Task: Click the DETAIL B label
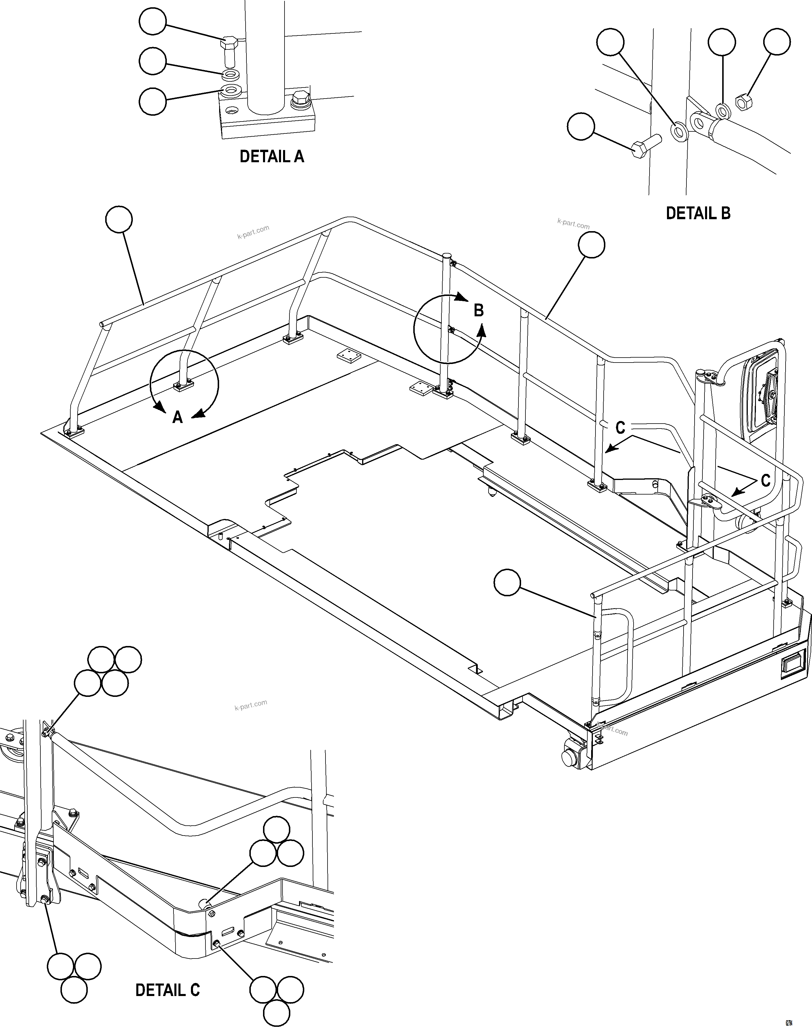(x=697, y=213)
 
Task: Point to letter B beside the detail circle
(x=478, y=310)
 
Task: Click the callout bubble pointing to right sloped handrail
(x=591, y=245)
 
